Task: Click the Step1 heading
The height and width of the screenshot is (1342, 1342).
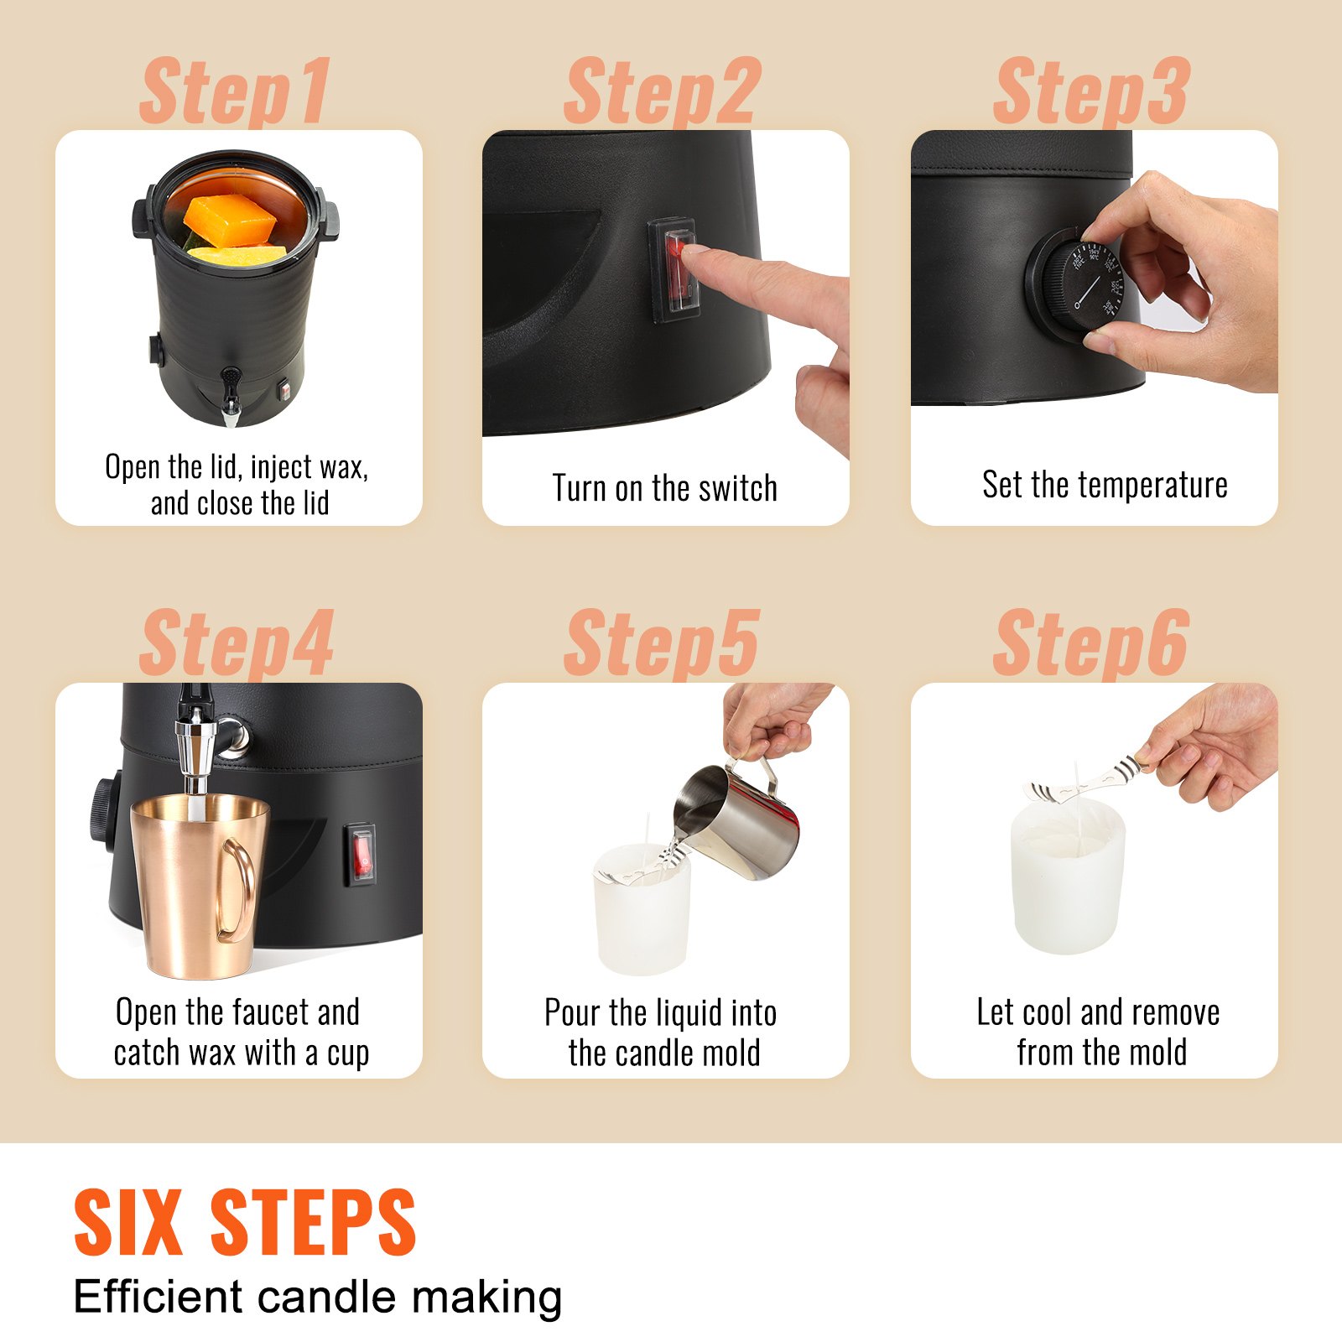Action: pyautogui.click(x=236, y=92)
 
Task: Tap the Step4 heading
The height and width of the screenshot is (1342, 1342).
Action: pyautogui.click(x=237, y=644)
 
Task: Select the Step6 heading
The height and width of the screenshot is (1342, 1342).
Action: pyautogui.click(x=1091, y=644)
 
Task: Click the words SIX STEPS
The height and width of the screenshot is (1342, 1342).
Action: pyautogui.click(x=245, y=1222)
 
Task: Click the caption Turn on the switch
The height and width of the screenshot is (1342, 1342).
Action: pyautogui.click(x=664, y=488)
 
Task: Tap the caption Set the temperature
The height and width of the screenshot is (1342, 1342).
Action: pyautogui.click(x=1105, y=485)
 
